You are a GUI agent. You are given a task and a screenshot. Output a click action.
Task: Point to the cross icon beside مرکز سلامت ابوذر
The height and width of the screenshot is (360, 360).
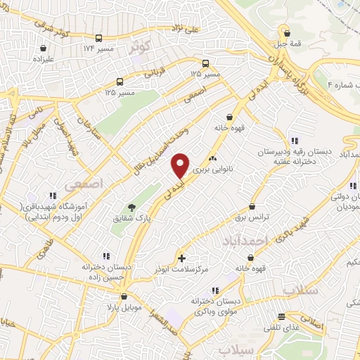point(181,258)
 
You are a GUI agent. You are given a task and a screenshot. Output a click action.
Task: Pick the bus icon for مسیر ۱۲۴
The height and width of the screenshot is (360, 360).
point(98,38)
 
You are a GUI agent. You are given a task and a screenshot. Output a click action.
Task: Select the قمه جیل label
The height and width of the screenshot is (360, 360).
point(286,42)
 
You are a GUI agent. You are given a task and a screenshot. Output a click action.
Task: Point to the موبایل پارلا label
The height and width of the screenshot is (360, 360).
point(125,307)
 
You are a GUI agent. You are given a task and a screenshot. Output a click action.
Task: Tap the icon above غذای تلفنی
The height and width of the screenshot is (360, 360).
point(281,316)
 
